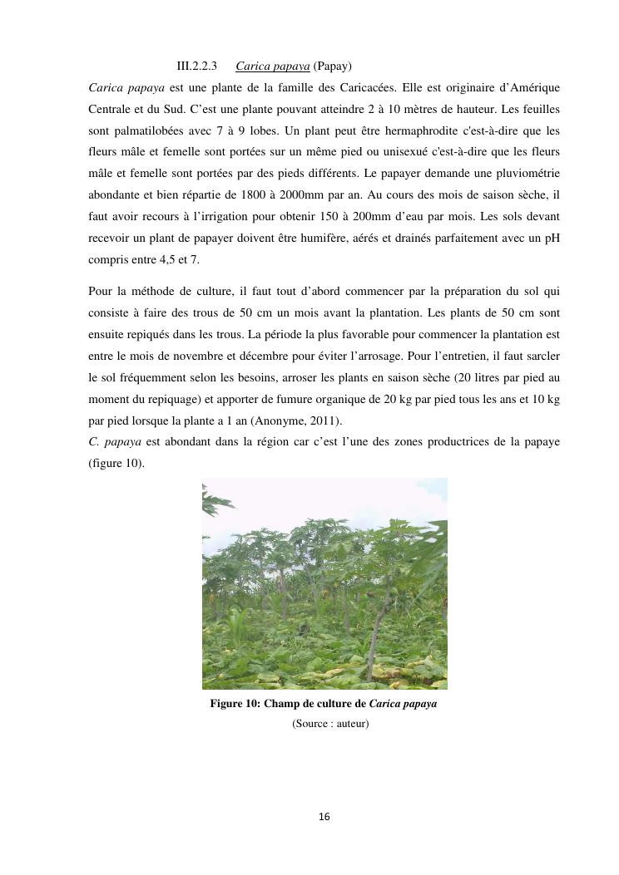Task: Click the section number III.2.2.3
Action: tap(197, 66)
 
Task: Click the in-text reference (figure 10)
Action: tap(116, 463)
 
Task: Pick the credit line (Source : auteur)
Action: tap(330, 724)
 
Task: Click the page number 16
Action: tap(324, 818)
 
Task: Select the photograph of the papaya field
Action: tap(324, 583)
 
